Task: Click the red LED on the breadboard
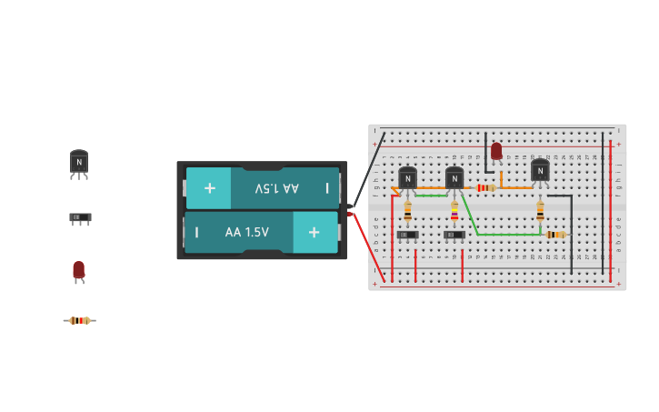(x=496, y=151)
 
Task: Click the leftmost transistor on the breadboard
(x=407, y=177)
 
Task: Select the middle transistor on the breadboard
(x=454, y=177)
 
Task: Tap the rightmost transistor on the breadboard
(x=540, y=170)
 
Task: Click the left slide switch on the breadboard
(x=407, y=235)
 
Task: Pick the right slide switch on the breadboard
(x=454, y=235)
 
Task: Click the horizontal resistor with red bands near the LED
(x=486, y=188)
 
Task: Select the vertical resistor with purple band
(x=454, y=213)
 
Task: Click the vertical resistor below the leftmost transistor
(x=407, y=212)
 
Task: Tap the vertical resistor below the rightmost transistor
(x=540, y=211)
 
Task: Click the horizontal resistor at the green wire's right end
(x=556, y=235)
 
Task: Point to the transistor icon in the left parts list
(x=79, y=163)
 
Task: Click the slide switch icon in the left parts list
(x=80, y=217)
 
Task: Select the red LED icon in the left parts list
(x=79, y=270)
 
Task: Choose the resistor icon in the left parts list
(x=80, y=320)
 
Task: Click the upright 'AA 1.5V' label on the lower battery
(x=247, y=232)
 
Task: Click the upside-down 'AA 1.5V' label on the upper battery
(x=276, y=188)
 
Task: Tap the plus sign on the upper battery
(x=210, y=188)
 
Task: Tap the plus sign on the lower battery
(x=314, y=232)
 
